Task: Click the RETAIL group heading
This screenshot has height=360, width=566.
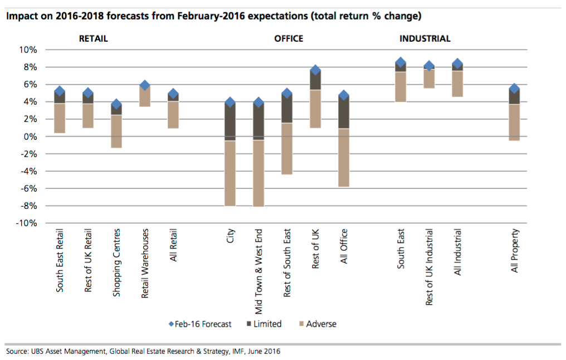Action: pos(93,39)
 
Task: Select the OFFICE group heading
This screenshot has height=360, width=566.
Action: pos(289,39)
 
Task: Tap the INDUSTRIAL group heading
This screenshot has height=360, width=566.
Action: pos(425,39)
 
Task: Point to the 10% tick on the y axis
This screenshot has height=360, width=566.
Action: pos(28,50)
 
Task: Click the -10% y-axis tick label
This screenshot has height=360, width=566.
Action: pos(26,223)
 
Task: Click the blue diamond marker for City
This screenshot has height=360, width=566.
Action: pos(230,102)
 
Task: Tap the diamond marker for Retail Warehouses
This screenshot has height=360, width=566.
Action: pos(145,85)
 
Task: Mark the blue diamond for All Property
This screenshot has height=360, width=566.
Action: pos(515,89)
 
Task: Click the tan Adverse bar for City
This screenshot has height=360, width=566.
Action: pos(230,173)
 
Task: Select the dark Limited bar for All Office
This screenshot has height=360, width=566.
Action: pos(344,114)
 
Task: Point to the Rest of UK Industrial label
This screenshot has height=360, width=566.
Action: pos(430,266)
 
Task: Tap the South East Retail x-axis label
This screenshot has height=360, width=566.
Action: pos(60,260)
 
